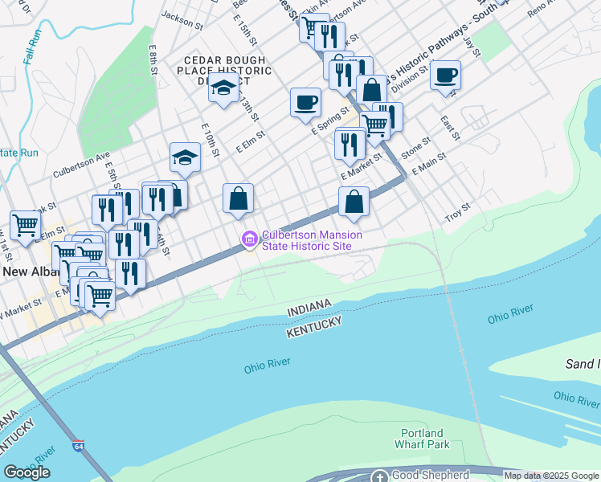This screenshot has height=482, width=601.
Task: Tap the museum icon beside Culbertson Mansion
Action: pyautogui.click(x=249, y=239)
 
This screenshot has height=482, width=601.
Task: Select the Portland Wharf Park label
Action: pyautogui.click(x=422, y=438)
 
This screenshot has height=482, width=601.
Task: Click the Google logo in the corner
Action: pyautogui.click(x=27, y=472)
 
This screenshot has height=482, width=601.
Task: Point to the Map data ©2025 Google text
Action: pyautogui.click(x=551, y=476)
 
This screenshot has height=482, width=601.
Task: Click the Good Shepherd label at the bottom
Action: pyautogui.click(x=429, y=476)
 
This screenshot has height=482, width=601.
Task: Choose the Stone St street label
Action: pyautogui.click(x=416, y=145)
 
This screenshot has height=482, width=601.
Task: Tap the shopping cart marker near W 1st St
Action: pyautogui.click(x=26, y=224)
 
